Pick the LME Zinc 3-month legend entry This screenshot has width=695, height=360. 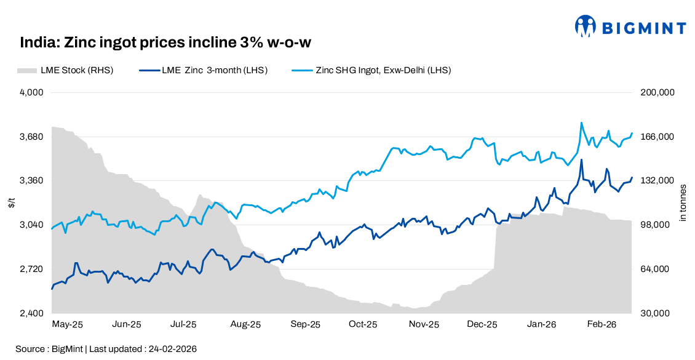(203, 70)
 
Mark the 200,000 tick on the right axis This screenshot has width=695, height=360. (659, 92)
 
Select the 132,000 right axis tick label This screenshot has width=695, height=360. (659, 180)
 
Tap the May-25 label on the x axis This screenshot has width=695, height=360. (68, 324)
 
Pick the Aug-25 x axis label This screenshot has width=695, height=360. (246, 324)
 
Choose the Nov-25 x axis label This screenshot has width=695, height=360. (424, 324)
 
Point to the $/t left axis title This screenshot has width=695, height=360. (12, 203)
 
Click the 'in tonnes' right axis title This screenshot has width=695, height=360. (683, 203)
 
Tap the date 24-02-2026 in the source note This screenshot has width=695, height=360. (173, 349)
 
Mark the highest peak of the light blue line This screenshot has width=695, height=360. (581, 122)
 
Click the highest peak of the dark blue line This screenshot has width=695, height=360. (581, 160)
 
